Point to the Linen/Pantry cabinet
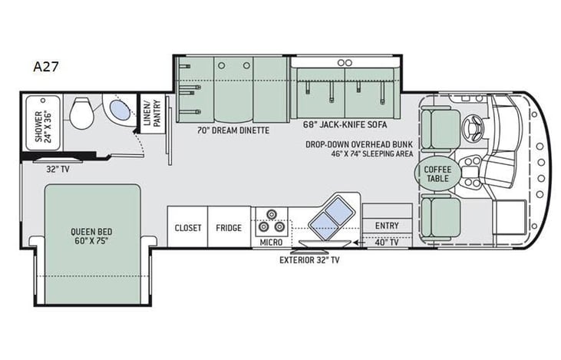(x=152, y=112)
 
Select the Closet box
(x=187, y=227)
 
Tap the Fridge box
(x=229, y=227)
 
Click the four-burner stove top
(x=271, y=221)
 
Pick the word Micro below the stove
(x=271, y=242)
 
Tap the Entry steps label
(x=386, y=225)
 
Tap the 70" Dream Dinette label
(x=233, y=130)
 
